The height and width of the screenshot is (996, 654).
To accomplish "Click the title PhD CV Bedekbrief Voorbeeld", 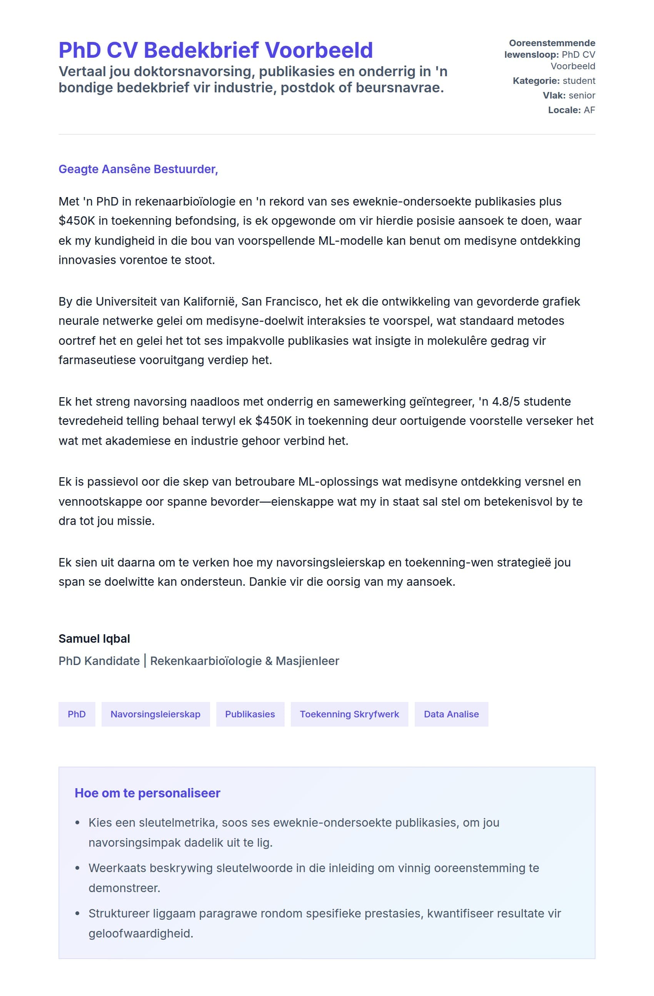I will [x=215, y=50].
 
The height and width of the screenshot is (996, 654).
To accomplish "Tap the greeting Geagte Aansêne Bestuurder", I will [x=138, y=169].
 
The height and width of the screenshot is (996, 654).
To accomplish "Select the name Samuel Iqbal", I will [x=94, y=638].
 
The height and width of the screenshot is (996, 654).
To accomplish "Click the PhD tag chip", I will [x=77, y=714].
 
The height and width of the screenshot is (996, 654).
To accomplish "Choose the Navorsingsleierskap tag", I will [x=155, y=714].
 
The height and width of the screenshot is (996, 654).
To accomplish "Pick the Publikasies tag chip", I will [x=250, y=714].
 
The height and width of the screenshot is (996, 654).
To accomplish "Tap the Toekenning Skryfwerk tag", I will [x=349, y=714].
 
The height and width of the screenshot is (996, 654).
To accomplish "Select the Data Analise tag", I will [x=451, y=714].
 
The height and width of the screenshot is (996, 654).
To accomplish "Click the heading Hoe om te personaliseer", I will [x=147, y=793].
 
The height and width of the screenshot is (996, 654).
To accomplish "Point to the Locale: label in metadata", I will [x=564, y=110].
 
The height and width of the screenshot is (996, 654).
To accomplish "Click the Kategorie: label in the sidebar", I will [x=536, y=81].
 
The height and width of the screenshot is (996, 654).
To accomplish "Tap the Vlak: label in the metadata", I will [x=554, y=95].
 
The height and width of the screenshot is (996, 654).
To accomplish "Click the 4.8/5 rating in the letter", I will [x=506, y=402].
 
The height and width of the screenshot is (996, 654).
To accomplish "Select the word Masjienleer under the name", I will [x=307, y=661].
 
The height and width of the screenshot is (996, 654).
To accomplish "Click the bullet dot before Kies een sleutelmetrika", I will [x=77, y=823].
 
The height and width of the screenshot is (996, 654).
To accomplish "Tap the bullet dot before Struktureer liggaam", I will [x=77, y=914].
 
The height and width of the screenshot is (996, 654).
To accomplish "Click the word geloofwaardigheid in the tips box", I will [x=140, y=933].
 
